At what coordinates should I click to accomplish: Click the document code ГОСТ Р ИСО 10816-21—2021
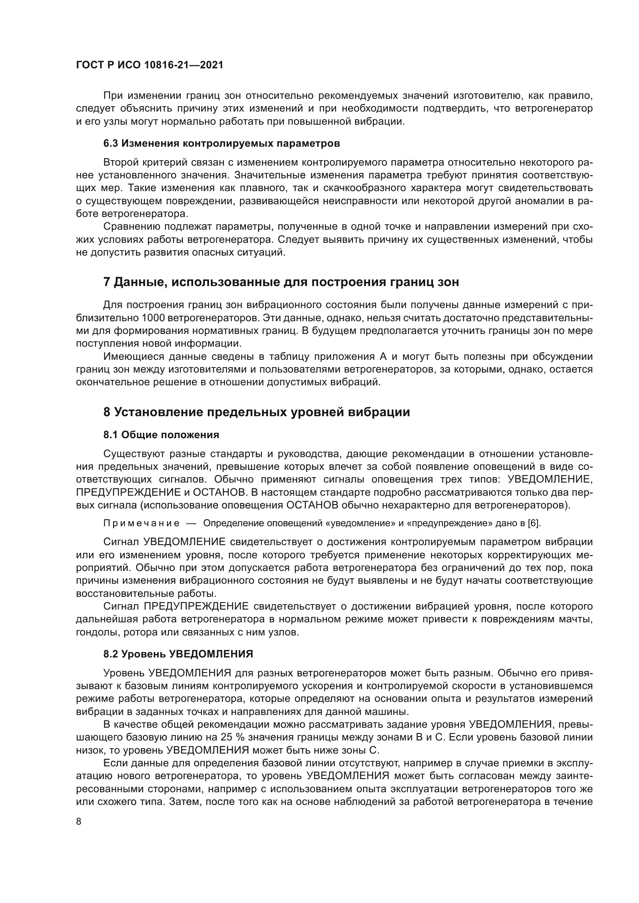click(150, 65)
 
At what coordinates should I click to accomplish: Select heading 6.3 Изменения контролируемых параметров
click(221, 144)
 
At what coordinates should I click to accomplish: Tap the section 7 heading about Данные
click(281, 282)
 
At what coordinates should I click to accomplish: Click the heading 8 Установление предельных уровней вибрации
click(257, 412)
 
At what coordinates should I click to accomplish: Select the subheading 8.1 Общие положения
click(161, 435)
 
